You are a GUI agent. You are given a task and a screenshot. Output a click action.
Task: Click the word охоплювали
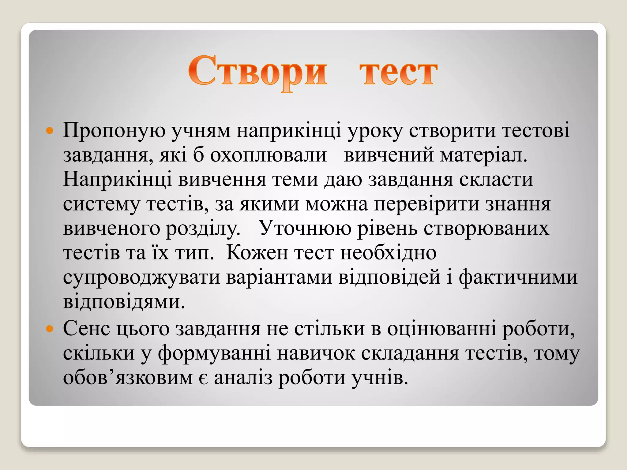(x=268, y=155)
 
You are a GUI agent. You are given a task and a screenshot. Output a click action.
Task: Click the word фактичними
(x=518, y=277)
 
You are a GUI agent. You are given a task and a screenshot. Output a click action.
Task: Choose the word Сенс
(x=86, y=329)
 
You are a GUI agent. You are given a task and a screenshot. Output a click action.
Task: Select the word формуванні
(x=214, y=354)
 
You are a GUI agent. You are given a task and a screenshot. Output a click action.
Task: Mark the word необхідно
(x=388, y=253)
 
